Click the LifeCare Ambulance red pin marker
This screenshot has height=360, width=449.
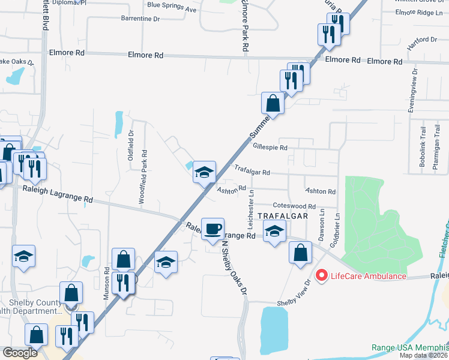point(321,276)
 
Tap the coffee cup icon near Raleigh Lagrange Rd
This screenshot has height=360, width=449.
point(212,229)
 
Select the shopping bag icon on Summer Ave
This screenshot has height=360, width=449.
point(273,103)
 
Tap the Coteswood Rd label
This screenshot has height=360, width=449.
point(294,206)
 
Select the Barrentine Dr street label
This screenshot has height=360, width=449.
point(140,19)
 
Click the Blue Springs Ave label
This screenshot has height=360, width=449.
point(172,10)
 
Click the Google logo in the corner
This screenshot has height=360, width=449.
point(19,353)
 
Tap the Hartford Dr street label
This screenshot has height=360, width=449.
point(423,40)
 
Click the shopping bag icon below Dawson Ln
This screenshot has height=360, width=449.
point(300,253)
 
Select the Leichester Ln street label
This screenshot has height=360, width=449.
point(250,202)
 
